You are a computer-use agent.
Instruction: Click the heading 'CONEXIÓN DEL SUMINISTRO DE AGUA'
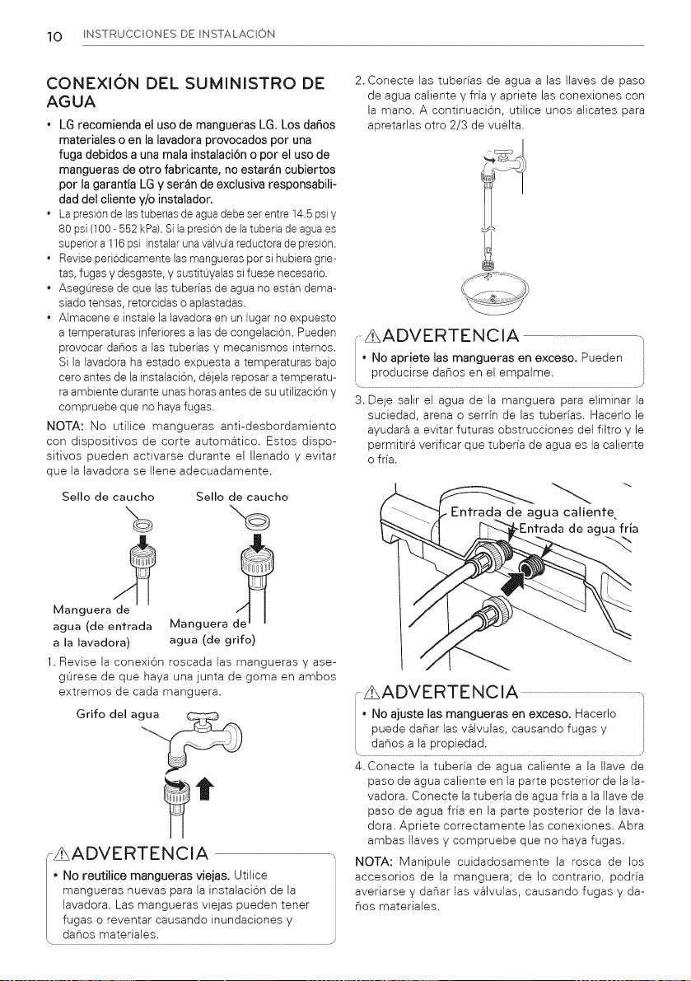click(185, 91)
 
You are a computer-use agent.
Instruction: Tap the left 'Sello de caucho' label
click(108, 497)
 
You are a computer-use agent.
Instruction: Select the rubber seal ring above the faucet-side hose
click(259, 519)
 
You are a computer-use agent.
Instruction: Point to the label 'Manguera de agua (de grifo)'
click(212, 632)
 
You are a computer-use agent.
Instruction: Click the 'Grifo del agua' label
click(118, 714)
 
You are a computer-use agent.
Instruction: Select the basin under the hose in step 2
click(495, 293)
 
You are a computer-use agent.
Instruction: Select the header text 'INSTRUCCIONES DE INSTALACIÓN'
click(178, 35)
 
